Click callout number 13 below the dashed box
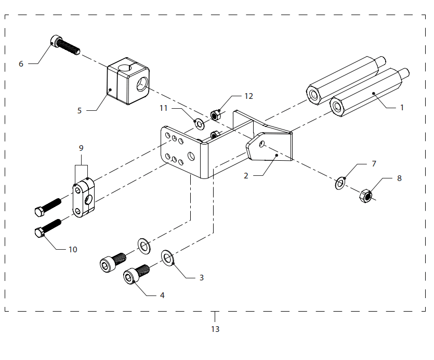(215, 329)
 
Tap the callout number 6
(21, 64)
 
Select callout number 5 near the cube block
(80, 111)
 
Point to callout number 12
(248, 96)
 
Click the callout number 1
(402, 108)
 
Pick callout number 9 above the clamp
(81, 148)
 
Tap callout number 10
(73, 249)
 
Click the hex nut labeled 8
(365, 196)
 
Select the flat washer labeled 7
(340, 183)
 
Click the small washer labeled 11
(199, 124)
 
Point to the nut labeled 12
(215, 115)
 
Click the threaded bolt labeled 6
(65, 45)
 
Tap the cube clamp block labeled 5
(128, 81)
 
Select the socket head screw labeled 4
(137, 274)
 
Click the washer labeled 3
(167, 258)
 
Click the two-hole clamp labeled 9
(83, 198)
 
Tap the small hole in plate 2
(261, 144)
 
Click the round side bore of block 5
(142, 84)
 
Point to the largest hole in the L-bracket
(191, 156)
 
